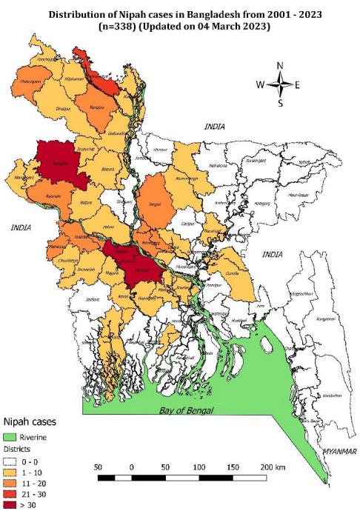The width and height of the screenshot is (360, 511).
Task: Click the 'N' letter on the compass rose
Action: [x=280, y=65]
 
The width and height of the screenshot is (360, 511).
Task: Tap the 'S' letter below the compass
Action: [x=280, y=103]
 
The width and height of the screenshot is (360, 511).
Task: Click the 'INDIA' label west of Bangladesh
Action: [x=21, y=228]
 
